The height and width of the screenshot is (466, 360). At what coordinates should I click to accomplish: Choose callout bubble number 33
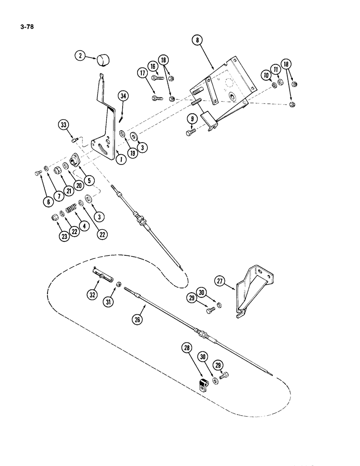pyautogui.click(x=64, y=125)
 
